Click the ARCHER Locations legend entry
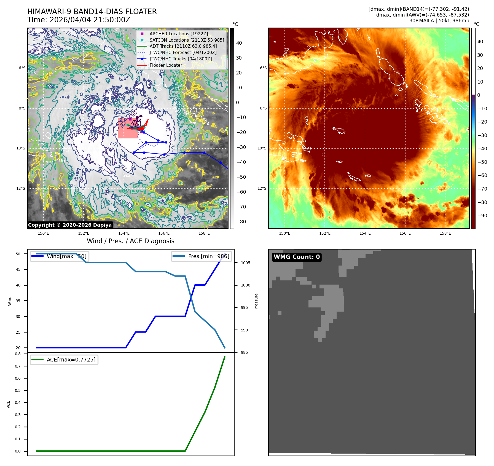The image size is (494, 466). [179, 34]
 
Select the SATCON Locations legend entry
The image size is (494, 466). [187, 40]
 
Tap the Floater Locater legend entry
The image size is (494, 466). [166, 65]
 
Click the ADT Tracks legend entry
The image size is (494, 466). [183, 46]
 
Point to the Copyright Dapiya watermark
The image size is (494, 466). [70, 225]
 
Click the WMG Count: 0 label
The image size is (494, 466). [297, 257]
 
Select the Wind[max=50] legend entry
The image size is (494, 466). [66, 256]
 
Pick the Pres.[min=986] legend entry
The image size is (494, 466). [208, 256]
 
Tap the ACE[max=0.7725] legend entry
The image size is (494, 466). [71, 360]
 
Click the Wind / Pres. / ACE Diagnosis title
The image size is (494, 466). [130, 241]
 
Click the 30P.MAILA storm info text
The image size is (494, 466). [439, 21]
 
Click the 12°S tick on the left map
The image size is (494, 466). [21, 189]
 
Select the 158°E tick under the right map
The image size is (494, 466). [445, 234]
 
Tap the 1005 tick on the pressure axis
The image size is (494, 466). [245, 263]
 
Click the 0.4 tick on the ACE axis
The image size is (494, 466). [18, 403]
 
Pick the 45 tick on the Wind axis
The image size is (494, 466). [18, 269]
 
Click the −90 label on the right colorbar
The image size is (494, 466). [482, 216]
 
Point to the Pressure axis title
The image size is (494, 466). [256, 301]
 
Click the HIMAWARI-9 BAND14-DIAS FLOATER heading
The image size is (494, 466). [92, 12]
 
